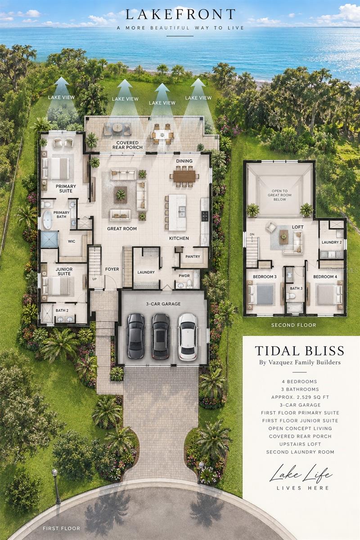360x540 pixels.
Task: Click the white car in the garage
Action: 188,337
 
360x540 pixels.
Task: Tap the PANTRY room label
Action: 193,256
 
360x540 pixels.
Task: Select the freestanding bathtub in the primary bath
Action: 48,220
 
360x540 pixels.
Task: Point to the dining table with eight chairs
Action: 184,176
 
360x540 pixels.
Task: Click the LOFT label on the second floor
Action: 297,227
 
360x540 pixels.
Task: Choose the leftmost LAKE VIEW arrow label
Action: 61,97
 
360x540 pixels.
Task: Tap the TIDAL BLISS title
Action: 300,351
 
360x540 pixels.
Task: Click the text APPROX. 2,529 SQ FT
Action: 300,397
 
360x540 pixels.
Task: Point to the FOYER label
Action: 112,269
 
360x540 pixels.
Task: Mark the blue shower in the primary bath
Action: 49,239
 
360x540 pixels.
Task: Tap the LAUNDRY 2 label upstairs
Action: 332,242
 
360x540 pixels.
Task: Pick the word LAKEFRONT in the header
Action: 180,14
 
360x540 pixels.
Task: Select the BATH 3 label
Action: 296,288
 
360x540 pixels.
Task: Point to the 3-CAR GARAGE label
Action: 163,304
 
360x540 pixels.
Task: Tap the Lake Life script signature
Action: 301,474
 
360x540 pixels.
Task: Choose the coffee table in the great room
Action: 121,194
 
